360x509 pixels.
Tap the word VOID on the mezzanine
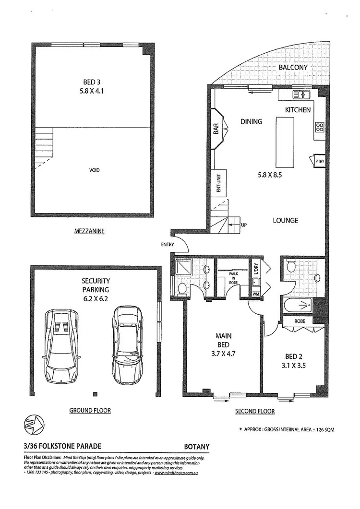point(95,170)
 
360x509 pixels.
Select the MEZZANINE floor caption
point(89,231)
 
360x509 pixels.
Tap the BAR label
point(216,129)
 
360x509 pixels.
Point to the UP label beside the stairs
point(243,224)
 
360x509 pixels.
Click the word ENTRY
point(168,245)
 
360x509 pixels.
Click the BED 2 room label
point(294,356)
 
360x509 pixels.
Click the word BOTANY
point(197,446)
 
